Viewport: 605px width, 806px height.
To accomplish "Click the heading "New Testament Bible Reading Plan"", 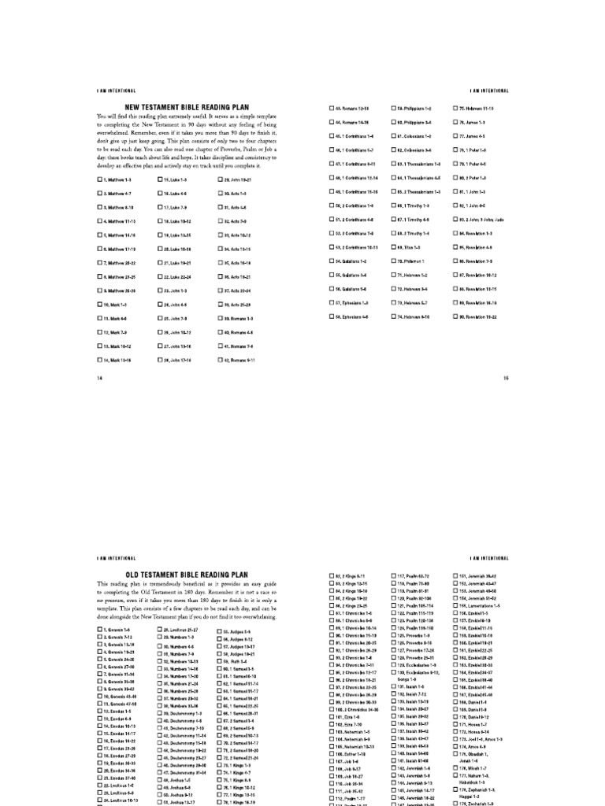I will click(184, 105).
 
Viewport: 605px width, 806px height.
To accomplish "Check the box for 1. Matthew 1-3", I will click(99, 179).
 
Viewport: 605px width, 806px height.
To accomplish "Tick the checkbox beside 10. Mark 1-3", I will click(99, 303).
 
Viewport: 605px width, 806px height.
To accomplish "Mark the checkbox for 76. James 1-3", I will click(455, 123).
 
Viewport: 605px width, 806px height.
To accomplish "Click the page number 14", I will click(99, 378).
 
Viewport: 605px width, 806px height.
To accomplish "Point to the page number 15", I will click(506, 378).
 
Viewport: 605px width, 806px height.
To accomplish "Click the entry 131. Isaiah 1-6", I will click(410, 687).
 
